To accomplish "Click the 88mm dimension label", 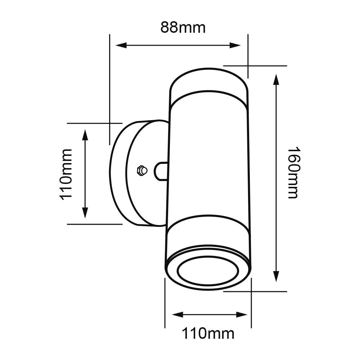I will [x=183, y=27].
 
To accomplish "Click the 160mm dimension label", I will [x=293, y=172].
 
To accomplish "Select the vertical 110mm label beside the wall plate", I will [x=66, y=174].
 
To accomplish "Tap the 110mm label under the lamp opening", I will [x=208, y=333].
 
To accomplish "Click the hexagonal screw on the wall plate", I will [x=141, y=170].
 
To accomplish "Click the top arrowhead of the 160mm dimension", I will [x=276, y=79].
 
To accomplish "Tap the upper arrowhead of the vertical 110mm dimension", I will [x=85, y=135].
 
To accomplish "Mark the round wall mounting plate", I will [x=122, y=173].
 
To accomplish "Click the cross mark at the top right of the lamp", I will [x=248, y=66].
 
